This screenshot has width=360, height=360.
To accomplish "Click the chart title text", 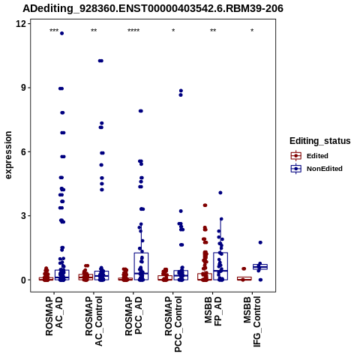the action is click(153, 8).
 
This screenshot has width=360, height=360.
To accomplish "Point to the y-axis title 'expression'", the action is click(8, 155).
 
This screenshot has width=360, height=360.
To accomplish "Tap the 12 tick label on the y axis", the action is click(21, 24).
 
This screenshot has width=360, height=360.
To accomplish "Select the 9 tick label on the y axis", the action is click(24, 88).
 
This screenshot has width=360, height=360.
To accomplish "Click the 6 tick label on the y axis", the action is click(24, 151).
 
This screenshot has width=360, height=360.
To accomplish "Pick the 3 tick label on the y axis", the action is click(24, 216).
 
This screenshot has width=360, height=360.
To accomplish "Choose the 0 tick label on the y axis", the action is click(24, 280).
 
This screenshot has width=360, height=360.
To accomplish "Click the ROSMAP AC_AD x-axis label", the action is click(54, 316).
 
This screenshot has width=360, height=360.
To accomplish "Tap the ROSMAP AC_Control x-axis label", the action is click(94, 321).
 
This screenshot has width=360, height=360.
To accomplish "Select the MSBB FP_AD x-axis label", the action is click(213, 311).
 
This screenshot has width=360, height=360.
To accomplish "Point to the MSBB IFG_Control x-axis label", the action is click(252, 322).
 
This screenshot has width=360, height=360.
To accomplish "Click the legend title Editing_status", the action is click(320, 141).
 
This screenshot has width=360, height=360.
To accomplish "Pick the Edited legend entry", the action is click(310, 156).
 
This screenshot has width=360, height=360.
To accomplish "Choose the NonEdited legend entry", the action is click(316, 169).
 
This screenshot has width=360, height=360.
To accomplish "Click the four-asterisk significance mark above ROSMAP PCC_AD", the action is click(133, 31).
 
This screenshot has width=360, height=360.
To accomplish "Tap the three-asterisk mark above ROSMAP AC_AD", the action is click(54, 31).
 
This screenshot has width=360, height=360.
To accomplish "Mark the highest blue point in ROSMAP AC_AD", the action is click(61, 33).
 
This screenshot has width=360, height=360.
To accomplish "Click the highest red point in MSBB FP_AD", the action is click(205, 205).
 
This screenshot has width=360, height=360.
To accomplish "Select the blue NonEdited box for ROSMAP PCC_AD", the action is click(141, 266).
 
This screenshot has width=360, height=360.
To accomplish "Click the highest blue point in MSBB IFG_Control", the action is click(260, 242).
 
